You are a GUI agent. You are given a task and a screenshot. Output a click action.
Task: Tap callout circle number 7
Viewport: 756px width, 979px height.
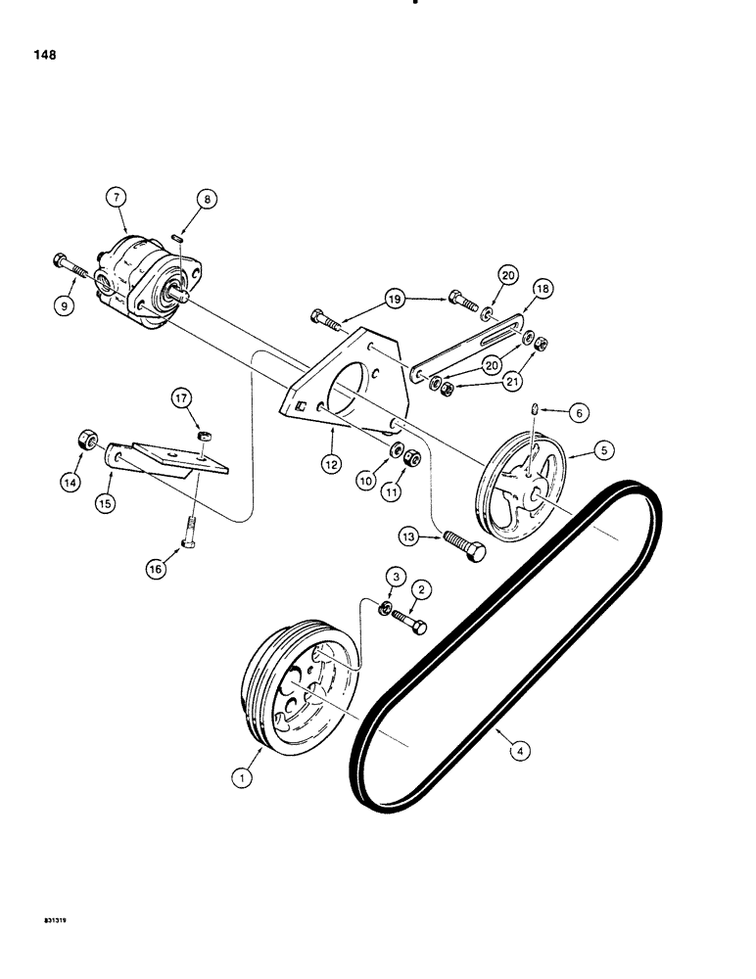click(x=118, y=199)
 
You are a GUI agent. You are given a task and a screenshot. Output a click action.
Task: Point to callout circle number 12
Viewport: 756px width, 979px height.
click(x=333, y=463)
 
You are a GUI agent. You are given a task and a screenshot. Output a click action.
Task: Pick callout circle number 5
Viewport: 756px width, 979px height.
click(x=604, y=450)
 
